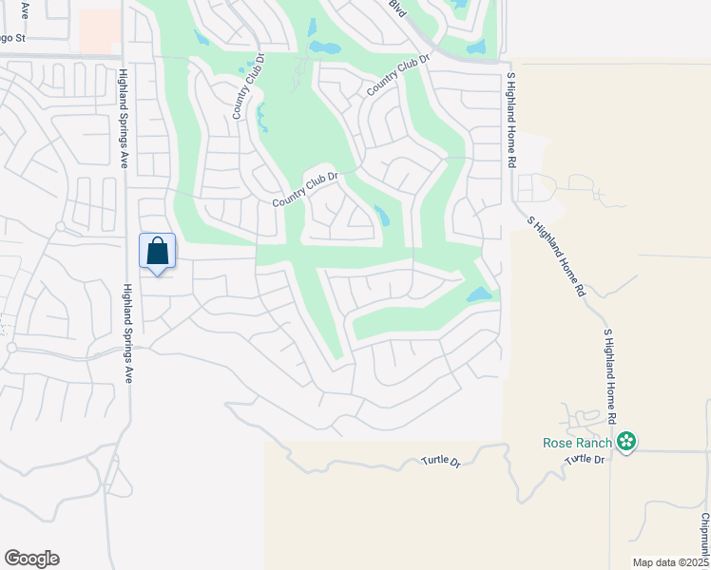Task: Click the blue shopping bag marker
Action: [157, 253]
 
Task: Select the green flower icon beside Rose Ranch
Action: [625, 441]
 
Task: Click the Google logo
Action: [31, 559]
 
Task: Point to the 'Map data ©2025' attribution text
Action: [670, 562]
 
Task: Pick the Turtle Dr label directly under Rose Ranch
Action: [585, 460]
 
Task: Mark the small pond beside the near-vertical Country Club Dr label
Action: [262, 118]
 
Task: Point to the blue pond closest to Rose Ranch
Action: [481, 295]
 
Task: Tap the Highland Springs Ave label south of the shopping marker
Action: [127, 332]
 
